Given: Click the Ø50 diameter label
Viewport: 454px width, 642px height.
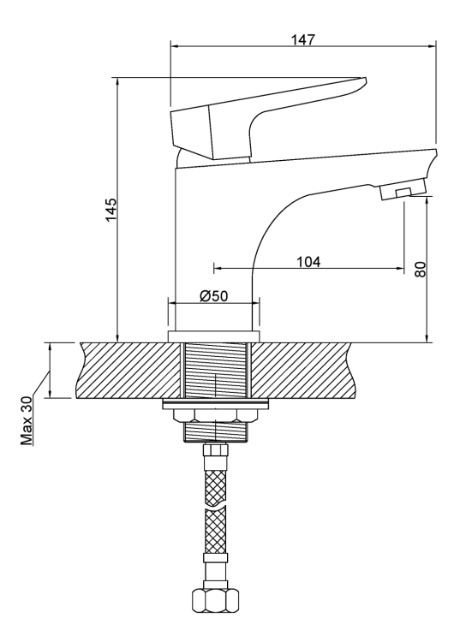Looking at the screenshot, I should pyautogui.click(x=213, y=295).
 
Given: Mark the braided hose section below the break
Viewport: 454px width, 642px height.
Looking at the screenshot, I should pyautogui.click(x=214, y=532).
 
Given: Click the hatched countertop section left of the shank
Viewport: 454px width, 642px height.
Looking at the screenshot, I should pyautogui.click(x=128, y=370).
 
